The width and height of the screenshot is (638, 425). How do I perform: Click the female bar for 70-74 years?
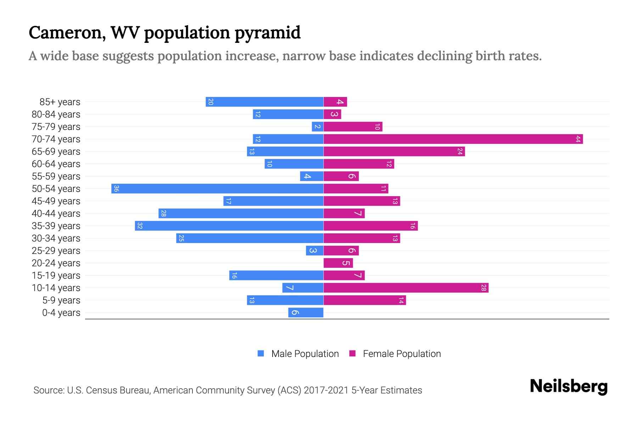pos(453,139)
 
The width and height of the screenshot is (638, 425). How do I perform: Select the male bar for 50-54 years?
pos(217,189)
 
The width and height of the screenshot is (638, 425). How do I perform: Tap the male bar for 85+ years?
pos(264,102)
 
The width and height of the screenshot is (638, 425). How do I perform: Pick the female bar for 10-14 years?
pos(406,288)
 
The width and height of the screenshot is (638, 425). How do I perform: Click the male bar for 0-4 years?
pos(306,313)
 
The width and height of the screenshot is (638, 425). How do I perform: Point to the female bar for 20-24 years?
pos(338,263)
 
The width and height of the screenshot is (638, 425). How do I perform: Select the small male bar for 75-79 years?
pos(318,127)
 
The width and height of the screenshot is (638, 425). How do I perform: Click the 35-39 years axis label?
pos(56,226)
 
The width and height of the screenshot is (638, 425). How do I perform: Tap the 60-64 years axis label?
pos(56,164)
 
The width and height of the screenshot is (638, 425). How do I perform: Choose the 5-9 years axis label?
pos(61,300)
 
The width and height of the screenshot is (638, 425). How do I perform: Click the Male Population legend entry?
pos(298,354)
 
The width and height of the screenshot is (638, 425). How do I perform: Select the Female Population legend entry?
pos(395,354)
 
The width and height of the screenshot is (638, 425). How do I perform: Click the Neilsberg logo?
pos(569,386)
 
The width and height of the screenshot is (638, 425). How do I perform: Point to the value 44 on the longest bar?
pos(578,139)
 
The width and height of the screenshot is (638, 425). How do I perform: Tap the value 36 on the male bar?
pos(116,189)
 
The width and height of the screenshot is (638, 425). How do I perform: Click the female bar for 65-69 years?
pos(394,152)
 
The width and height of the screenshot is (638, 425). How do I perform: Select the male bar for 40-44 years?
pos(241,214)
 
